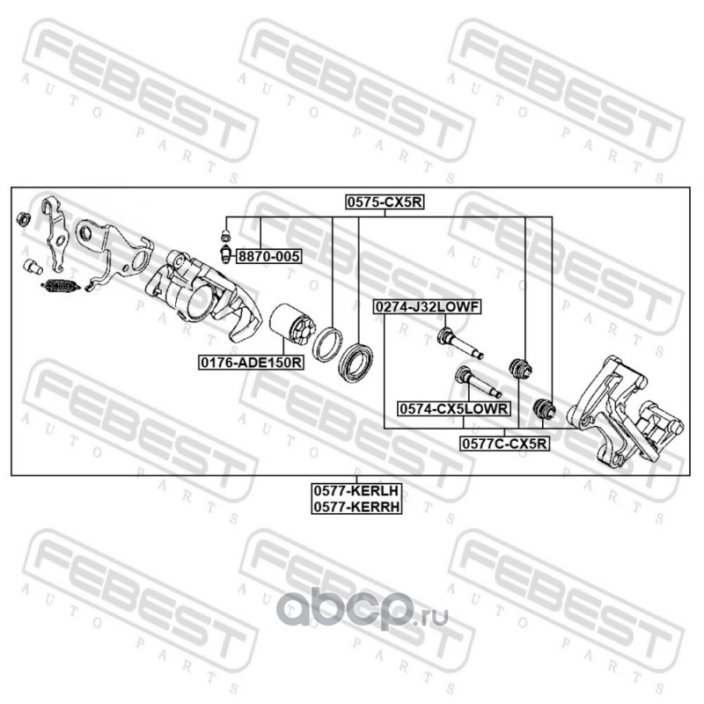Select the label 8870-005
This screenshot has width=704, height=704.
pos(269,257)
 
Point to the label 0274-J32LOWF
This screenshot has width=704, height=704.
pos(427,307)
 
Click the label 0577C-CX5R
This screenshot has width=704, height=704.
pos(504,444)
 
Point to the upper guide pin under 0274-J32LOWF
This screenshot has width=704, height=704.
pos(458,341)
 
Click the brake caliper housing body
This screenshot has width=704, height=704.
pos(202,290)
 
